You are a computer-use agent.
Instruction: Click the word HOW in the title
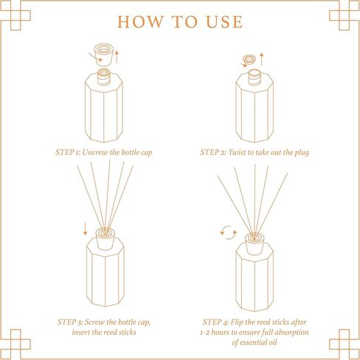(x=140, y=21)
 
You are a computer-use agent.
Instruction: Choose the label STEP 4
(x=219, y=322)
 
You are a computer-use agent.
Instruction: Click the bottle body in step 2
(x=256, y=111)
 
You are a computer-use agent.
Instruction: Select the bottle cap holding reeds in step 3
(x=103, y=240)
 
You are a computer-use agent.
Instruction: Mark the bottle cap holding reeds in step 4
(x=256, y=240)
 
